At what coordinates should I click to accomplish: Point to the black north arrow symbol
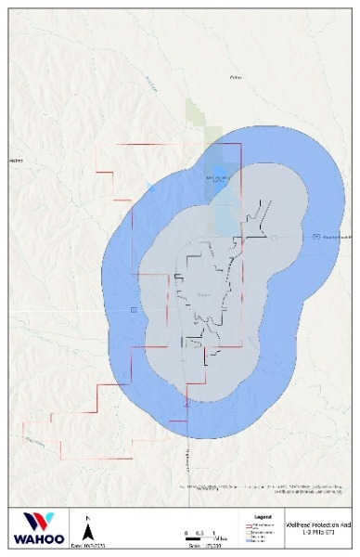(87, 531)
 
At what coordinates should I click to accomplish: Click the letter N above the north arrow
(87, 517)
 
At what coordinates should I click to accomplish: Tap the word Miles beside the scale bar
(221, 538)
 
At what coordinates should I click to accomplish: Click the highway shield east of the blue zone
(317, 237)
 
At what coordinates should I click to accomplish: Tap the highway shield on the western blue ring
(135, 308)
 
